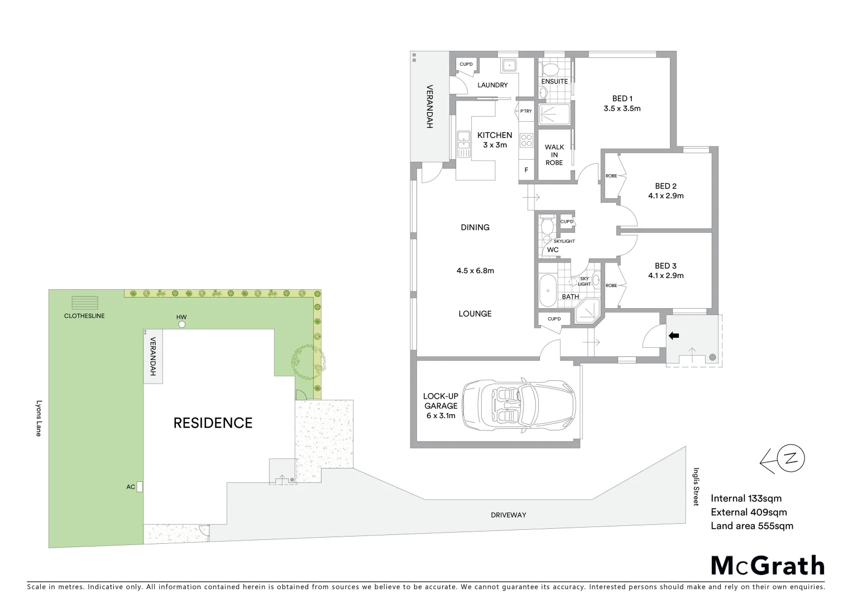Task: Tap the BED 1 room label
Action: click(x=622, y=99)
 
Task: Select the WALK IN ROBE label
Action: click(x=554, y=155)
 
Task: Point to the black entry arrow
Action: click(x=674, y=336)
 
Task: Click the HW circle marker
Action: click(x=182, y=324)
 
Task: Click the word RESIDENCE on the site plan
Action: click(x=213, y=423)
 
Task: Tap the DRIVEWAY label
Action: click(x=509, y=515)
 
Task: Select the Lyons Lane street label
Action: click(x=39, y=417)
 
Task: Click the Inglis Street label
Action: click(x=696, y=487)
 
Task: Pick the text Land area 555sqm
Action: click(x=751, y=525)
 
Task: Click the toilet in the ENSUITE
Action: click(x=551, y=69)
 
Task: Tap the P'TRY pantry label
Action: click(x=526, y=111)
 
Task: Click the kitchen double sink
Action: click(x=463, y=143)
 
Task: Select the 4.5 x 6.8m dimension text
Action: click(x=475, y=271)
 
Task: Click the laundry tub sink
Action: click(x=509, y=66)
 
